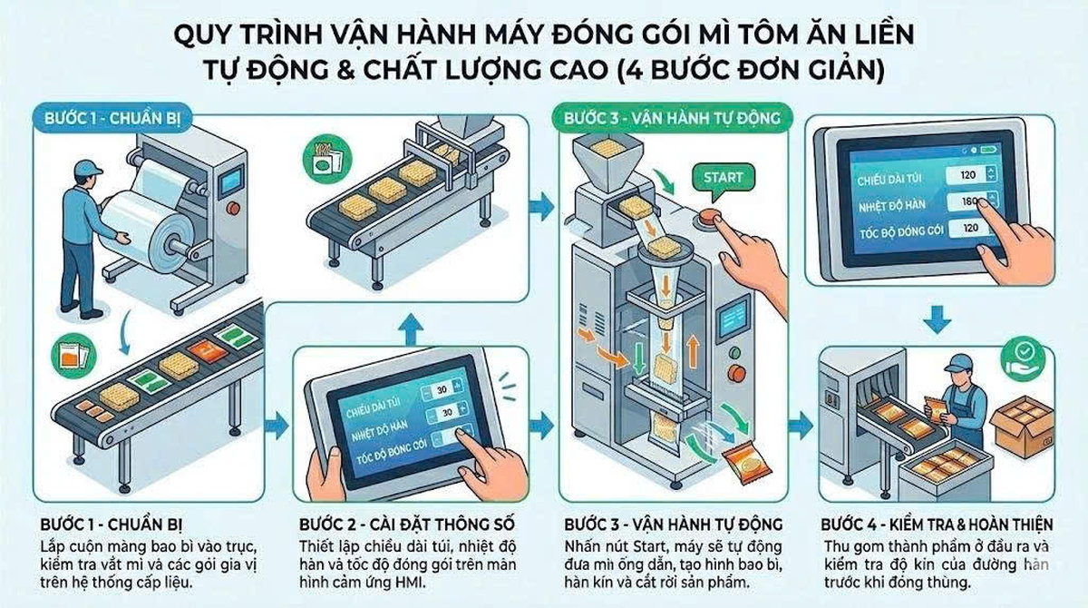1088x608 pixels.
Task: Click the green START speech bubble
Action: pos(722,179)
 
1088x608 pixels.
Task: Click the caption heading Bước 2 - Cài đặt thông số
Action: pos(406,525)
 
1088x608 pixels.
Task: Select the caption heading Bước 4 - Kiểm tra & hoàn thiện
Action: pos(937,525)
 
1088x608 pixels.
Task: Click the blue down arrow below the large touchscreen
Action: pos(936,319)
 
